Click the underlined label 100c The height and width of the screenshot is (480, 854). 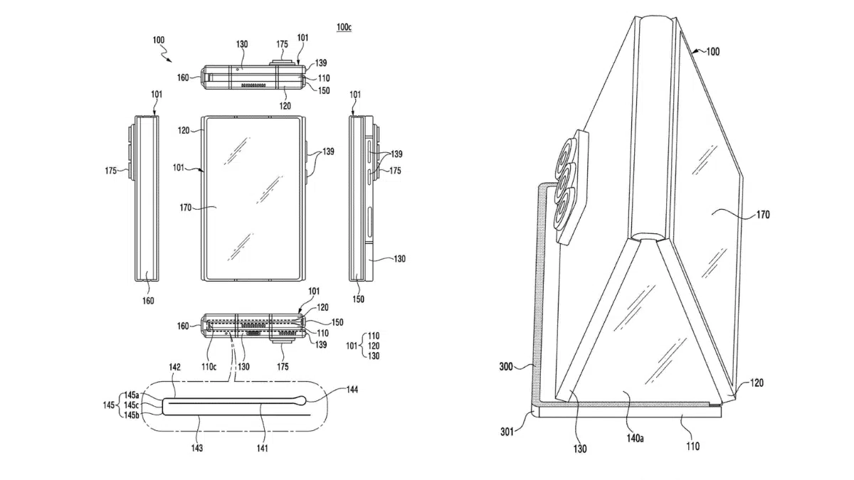(344, 27)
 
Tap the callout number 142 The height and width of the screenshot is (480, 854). (175, 368)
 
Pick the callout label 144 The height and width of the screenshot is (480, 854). (352, 390)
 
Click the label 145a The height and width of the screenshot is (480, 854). (133, 395)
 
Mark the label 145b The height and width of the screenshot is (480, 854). (133, 415)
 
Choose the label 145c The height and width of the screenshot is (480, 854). (133, 405)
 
